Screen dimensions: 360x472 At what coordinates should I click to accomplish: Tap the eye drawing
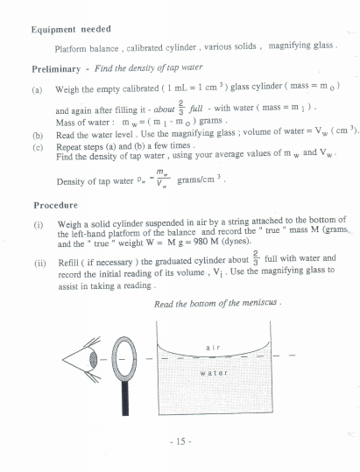pyautogui.click(x=86, y=360)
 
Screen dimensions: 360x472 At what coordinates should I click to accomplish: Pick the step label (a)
pyautogui.click(x=37, y=88)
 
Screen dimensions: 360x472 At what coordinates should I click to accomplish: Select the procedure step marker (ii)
pyautogui.click(x=38, y=259)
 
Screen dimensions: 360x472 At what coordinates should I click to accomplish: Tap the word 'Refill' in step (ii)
pyautogui.click(x=69, y=259)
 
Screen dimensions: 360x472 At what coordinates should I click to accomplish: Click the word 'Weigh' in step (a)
pyautogui.click(x=68, y=88)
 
